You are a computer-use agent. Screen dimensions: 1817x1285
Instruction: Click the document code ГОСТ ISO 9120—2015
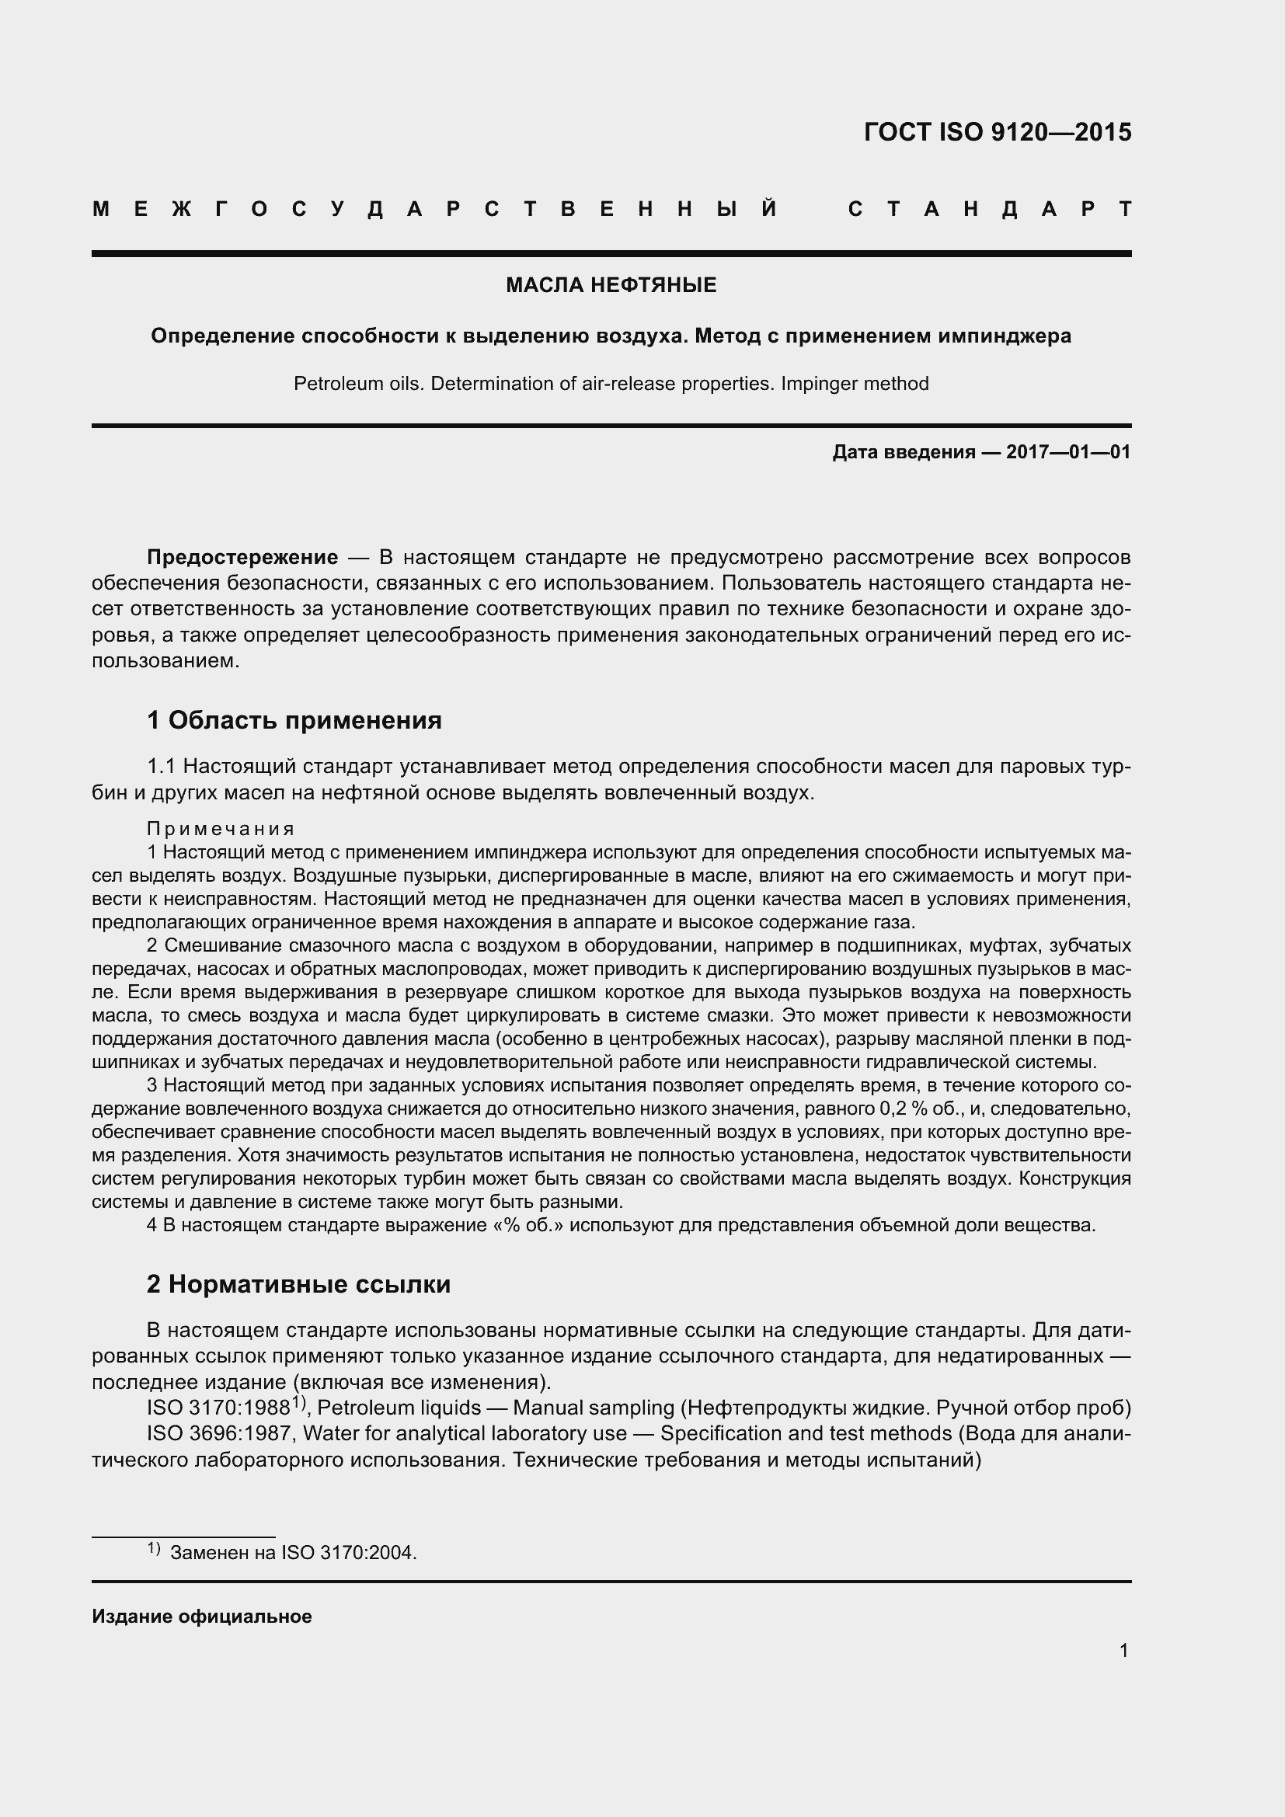point(997,132)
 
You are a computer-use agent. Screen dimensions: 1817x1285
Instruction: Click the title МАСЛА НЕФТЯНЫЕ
point(611,286)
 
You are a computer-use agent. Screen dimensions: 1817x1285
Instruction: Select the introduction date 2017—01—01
point(1068,453)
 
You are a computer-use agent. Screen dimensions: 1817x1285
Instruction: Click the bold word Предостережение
point(243,558)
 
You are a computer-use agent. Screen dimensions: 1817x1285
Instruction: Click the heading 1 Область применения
point(294,721)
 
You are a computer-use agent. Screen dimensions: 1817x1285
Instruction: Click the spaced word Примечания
point(221,830)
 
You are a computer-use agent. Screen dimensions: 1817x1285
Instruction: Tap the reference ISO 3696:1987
point(218,1434)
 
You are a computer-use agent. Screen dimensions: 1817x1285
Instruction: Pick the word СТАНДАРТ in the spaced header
point(989,210)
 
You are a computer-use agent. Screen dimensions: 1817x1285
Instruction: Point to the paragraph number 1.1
point(162,767)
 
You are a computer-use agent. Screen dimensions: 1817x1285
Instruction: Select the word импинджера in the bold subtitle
point(1005,336)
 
